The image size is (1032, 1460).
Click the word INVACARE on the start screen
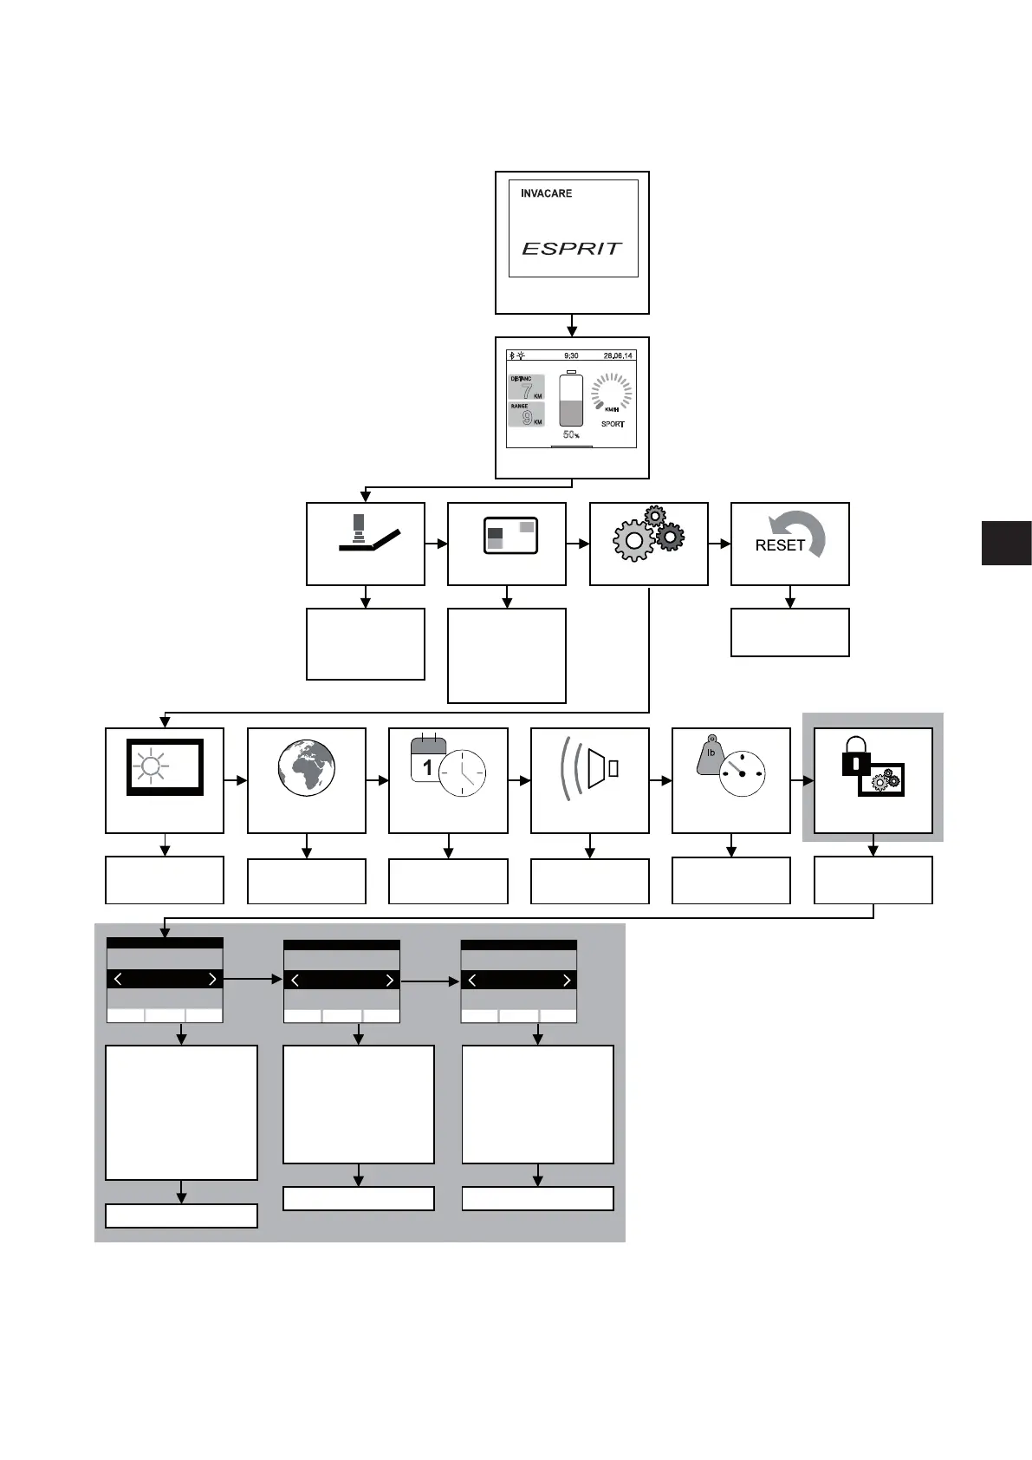(546, 193)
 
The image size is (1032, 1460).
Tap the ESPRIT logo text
(572, 249)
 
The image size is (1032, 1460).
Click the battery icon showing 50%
(571, 401)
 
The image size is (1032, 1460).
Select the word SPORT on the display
(613, 424)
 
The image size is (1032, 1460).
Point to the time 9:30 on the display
(571, 355)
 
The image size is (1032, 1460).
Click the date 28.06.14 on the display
(618, 355)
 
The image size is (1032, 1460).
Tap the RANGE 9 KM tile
(527, 414)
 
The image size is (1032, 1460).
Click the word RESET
(780, 545)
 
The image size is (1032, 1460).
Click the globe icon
(307, 768)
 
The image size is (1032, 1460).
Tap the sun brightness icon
(152, 766)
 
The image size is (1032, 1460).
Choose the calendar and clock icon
(448, 766)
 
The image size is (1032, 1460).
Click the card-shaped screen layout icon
(510, 536)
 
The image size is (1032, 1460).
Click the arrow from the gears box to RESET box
(719, 544)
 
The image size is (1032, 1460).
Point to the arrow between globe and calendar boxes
(377, 780)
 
